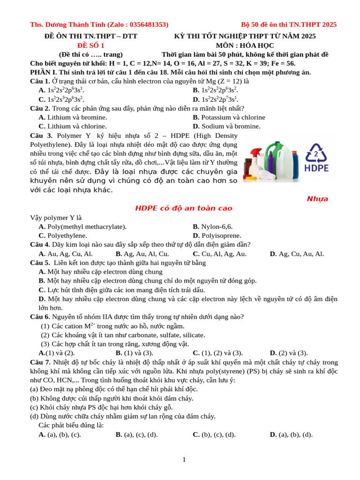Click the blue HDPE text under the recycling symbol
[x=316, y=168]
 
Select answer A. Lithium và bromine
[x=73, y=117]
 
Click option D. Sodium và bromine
[x=226, y=126]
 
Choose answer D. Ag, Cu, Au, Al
[x=297, y=254]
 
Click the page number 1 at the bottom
[x=184, y=460]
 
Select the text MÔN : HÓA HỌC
[x=245, y=45]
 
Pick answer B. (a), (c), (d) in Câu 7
[x=136, y=434]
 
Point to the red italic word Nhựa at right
[x=317, y=199]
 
